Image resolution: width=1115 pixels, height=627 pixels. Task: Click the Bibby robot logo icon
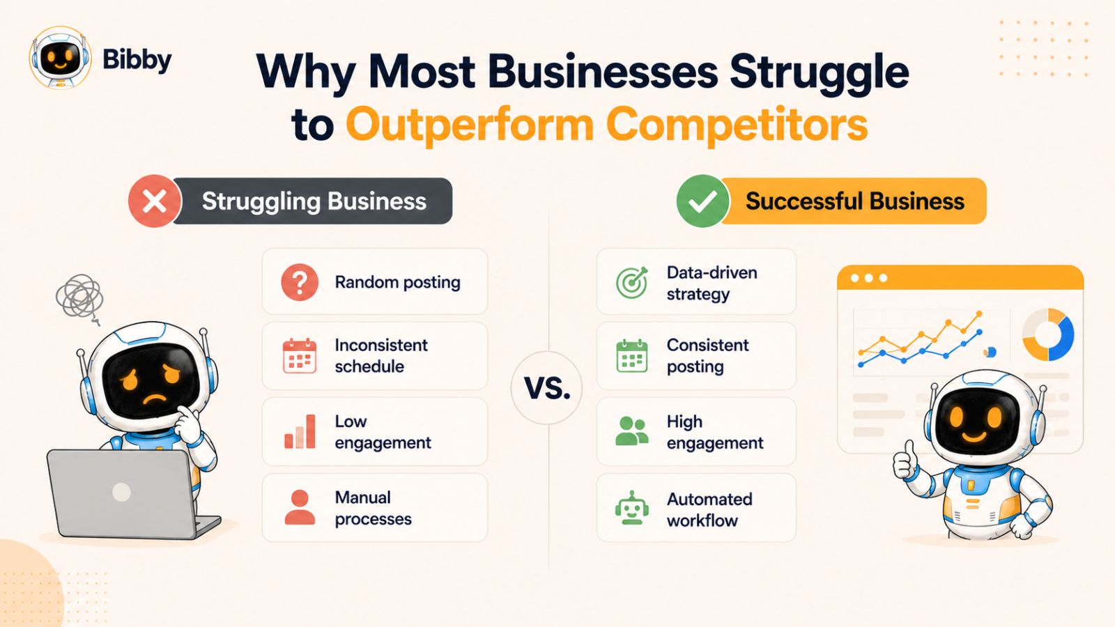tap(60, 58)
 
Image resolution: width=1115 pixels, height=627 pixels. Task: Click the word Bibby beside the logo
tap(137, 61)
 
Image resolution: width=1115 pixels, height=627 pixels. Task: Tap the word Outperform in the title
tap(470, 125)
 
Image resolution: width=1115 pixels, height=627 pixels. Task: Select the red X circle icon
tap(155, 201)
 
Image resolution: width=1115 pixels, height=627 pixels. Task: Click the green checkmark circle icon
tap(703, 201)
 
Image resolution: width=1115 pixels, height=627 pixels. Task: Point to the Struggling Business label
tap(314, 201)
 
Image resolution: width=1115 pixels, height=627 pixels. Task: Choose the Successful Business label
tap(854, 201)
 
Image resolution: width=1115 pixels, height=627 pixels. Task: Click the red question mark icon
tap(300, 282)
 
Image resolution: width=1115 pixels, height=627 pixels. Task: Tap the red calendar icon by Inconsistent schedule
tap(300, 356)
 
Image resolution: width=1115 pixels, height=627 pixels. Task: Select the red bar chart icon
tap(300, 431)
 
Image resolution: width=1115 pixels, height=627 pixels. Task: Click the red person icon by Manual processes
tap(300, 508)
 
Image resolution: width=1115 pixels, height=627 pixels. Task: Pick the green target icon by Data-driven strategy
tap(632, 282)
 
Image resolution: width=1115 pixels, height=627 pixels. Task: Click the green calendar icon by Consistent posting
tap(632, 356)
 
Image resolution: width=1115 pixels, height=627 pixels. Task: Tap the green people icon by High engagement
tap(632, 431)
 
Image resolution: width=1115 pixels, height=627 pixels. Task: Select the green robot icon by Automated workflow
tap(632, 508)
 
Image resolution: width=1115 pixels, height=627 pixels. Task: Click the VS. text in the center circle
tap(547, 388)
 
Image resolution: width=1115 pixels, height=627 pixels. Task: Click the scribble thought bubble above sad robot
tap(79, 297)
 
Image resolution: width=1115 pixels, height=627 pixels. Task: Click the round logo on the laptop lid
tap(121, 492)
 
